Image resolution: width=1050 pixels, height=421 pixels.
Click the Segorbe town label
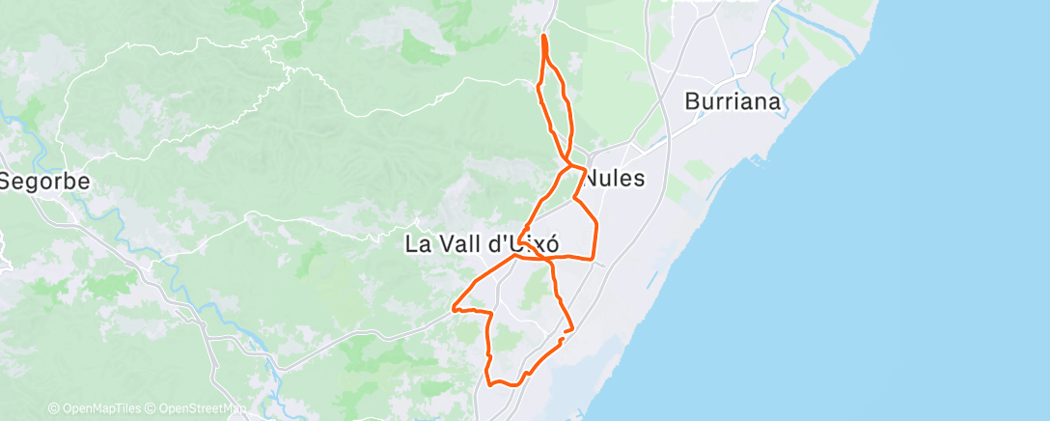pyautogui.click(x=44, y=181)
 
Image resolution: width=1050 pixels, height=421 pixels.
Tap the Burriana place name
pyautogui.click(x=732, y=101)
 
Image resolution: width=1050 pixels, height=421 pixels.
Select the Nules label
pyautogui.click(x=615, y=179)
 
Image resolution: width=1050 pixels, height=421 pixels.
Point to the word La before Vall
pyautogui.click(x=418, y=244)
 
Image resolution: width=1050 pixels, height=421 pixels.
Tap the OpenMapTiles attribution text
pyautogui.click(x=100, y=409)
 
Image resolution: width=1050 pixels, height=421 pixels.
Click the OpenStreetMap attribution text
pyautogui.click(x=202, y=409)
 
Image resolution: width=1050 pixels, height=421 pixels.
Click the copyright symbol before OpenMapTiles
pyautogui.click(x=53, y=409)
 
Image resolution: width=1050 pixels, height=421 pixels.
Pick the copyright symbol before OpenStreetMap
pyautogui.click(x=152, y=409)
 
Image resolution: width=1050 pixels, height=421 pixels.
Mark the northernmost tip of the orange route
pyautogui.click(x=544, y=36)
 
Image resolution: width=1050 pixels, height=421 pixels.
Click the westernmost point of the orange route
pyautogui.click(x=453, y=310)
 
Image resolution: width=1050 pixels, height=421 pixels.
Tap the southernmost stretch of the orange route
pyautogui.click(x=502, y=385)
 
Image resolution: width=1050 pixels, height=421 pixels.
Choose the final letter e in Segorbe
pyautogui.click(x=83, y=181)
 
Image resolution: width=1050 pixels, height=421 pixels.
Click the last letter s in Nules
pyautogui.click(x=638, y=179)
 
